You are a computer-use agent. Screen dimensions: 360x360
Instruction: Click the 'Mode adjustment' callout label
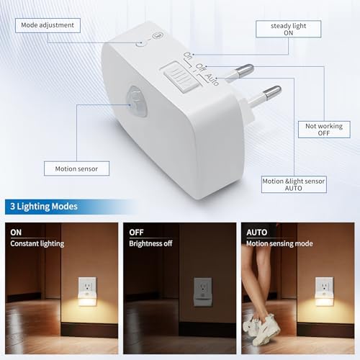pos(48,25)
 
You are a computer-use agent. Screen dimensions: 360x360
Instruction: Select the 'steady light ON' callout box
pos(289,29)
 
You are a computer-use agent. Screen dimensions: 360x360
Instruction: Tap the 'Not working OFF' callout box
pos(324,130)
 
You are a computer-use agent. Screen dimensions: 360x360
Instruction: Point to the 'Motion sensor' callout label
pos(76,168)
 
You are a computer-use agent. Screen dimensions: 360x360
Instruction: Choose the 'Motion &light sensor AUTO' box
pos(294,184)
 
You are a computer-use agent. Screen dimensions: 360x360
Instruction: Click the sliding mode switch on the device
pos(181,77)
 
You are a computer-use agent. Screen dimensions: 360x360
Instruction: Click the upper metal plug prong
pos(239,71)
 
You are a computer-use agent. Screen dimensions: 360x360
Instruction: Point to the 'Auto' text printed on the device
pos(212,79)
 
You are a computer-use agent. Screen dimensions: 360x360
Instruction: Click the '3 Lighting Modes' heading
pos(44,207)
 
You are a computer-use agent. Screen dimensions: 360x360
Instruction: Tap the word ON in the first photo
pos(16,233)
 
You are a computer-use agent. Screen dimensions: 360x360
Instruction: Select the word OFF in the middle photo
pos(136,233)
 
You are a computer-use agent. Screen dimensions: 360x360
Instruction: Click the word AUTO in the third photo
pos(257,233)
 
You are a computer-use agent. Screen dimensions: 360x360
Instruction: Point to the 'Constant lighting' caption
pos(37,243)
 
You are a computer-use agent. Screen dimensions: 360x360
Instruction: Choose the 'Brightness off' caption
pos(150,243)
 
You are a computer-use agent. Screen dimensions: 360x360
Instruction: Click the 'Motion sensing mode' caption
pos(279,243)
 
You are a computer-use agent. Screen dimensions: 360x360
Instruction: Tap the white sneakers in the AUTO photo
pos(261,329)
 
